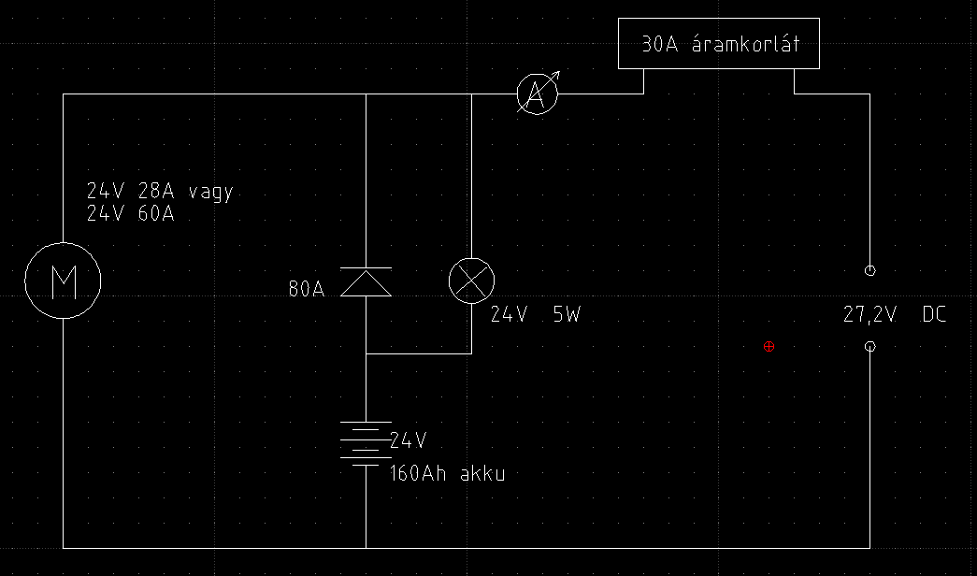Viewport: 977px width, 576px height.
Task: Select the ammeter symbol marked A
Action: (537, 94)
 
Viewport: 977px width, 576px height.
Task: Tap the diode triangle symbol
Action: (366, 282)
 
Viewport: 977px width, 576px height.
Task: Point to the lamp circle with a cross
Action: (472, 281)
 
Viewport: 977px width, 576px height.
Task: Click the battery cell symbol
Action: (366, 443)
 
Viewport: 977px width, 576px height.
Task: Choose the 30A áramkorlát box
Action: (719, 43)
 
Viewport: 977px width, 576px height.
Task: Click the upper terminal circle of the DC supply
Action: (870, 270)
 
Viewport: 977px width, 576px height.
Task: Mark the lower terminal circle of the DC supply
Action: (870, 347)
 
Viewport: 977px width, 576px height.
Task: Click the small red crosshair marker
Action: (769, 347)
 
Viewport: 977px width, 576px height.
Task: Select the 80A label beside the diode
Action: (306, 290)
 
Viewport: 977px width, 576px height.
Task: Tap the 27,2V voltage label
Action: (869, 315)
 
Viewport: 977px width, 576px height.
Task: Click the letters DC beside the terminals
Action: (934, 315)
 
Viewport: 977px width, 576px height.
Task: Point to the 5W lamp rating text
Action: (567, 315)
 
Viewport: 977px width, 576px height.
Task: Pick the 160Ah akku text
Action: (448, 474)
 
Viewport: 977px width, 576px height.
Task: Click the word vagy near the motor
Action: (210, 192)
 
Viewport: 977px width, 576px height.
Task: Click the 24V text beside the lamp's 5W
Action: (510, 315)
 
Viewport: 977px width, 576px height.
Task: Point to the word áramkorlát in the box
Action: (745, 44)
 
